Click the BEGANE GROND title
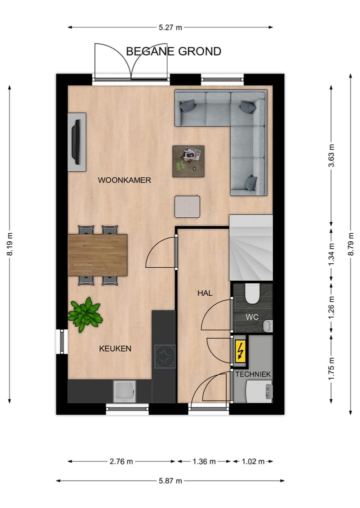click(x=173, y=51)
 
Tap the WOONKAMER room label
click(x=124, y=180)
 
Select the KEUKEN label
click(x=115, y=349)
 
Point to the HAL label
click(x=204, y=293)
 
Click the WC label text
click(x=251, y=317)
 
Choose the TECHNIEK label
click(x=252, y=374)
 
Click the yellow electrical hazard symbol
click(x=240, y=351)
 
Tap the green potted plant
click(x=85, y=314)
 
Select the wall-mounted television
click(x=76, y=142)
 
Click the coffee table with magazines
click(x=188, y=161)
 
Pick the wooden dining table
click(x=97, y=255)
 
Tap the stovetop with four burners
click(x=164, y=357)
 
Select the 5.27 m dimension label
click(x=170, y=27)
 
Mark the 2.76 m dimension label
click(x=121, y=462)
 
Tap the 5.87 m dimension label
click(x=170, y=481)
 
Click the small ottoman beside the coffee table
click(x=187, y=206)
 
